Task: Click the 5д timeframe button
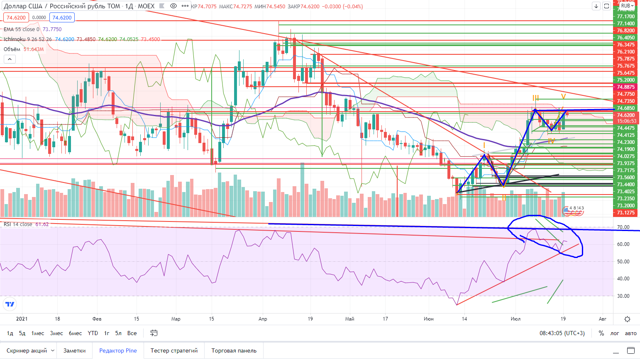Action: (22, 333)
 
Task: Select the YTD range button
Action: (93, 333)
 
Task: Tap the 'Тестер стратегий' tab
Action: (174, 350)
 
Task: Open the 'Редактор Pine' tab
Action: (118, 350)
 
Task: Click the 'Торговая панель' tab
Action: (234, 350)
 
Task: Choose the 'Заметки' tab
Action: (74, 350)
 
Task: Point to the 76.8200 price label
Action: (626, 31)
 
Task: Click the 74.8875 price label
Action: (626, 87)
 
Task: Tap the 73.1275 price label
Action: (626, 213)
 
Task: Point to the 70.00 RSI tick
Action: (623, 227)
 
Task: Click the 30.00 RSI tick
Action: (623, 296)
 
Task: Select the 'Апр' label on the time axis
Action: (263, 319)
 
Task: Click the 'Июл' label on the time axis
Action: (515, 319)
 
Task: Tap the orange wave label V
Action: (563, 97)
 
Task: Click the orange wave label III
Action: (536, 98)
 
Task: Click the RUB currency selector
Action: (627, 6)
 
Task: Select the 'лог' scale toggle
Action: (615, 333)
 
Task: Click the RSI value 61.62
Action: (42, 224)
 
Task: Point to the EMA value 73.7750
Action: (52, 29)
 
